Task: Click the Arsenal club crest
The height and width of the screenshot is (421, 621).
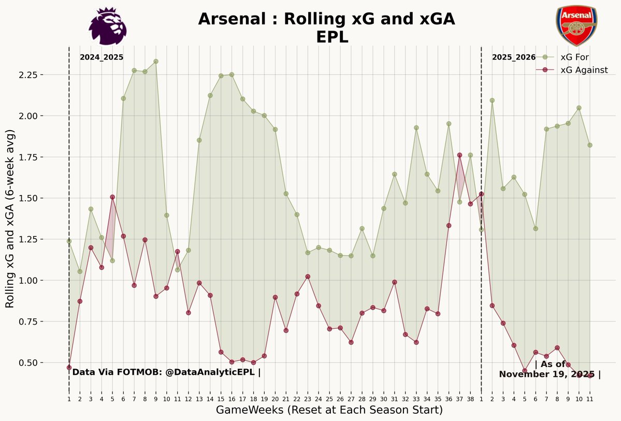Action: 576,26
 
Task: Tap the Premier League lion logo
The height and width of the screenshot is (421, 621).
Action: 107,26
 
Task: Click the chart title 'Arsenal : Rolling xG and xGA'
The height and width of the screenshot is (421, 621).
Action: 326,20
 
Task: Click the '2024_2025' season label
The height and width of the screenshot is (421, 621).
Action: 102,58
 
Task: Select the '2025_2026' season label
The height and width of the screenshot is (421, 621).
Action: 514,58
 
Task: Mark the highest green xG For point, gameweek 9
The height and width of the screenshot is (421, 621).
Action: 156,62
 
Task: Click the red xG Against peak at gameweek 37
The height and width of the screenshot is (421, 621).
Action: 459,155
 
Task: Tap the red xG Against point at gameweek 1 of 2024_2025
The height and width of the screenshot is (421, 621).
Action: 69,367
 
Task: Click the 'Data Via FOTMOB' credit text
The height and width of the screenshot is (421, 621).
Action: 166,372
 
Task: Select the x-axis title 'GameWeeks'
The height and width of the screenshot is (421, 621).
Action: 329,410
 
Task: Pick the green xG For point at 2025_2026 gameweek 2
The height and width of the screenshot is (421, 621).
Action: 492,101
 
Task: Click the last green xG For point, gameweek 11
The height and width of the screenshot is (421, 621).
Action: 590,145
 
